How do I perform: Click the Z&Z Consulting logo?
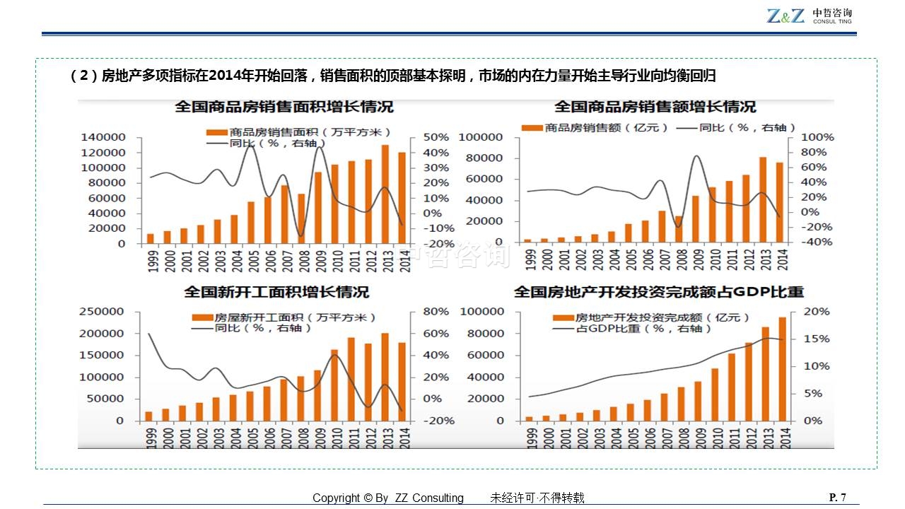[809, 16]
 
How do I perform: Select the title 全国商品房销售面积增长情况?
[284, 107]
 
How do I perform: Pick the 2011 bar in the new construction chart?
[351, 380]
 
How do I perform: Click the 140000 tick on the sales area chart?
[103, 137]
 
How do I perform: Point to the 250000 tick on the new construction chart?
[104, 312]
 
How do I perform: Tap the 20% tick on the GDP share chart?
[817, 312]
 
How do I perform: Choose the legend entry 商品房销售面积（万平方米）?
[300, 132]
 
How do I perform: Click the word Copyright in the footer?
[337, 498]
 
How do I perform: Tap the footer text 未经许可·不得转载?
[537, 498]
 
